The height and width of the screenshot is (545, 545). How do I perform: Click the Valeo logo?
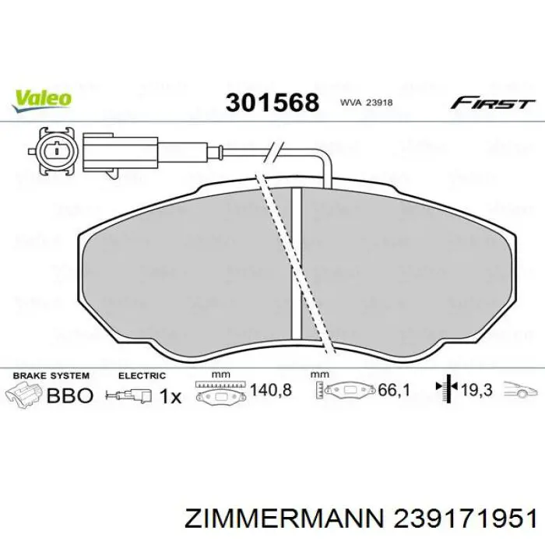(x=41, y=97)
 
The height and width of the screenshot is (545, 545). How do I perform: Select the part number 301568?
(x=272, y=102)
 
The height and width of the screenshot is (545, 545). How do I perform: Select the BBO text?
(x=71, y=396)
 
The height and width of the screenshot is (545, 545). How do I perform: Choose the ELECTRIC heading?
(x=142, y=375)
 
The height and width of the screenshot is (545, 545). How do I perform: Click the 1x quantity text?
(x=170, y=396)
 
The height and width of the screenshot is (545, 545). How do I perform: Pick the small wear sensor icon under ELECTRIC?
(x=134, y=396)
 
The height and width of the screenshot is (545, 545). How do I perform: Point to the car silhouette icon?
(x=519, y=390)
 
